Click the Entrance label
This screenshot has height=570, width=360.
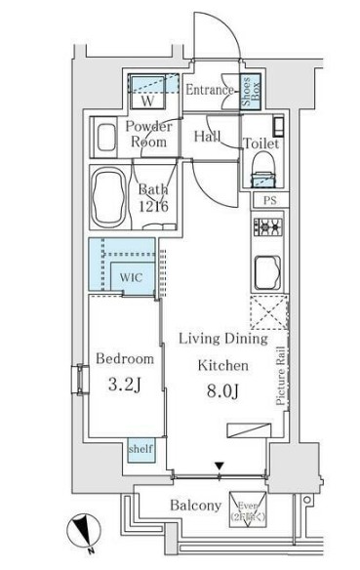(210, 91)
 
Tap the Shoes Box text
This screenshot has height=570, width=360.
(249, 91)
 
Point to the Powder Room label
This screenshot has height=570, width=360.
(148, 134)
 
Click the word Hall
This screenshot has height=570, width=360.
(206, 136)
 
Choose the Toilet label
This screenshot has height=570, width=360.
(261, 143)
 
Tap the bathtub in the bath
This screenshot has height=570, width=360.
(106, 195)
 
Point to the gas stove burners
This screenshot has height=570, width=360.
(266, 230)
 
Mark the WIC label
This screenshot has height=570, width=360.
(132, 276)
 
